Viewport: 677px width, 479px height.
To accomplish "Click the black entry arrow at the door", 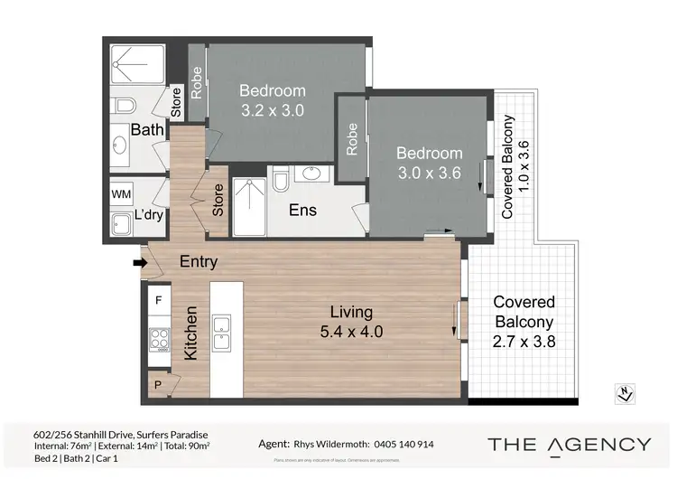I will click(138, 263).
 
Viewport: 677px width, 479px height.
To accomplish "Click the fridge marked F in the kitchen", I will click(159, 299).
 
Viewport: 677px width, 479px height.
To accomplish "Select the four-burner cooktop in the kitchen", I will click(159, 338).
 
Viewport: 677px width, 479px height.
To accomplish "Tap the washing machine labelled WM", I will click(121, 194).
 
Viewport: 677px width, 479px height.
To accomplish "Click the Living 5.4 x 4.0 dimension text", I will click(351, 323).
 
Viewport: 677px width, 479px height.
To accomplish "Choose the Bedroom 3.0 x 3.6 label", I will click(430, 164).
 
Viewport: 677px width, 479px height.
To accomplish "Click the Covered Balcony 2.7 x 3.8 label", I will click(524, 321).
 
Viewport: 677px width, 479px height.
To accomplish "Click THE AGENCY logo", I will click(569, 444).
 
